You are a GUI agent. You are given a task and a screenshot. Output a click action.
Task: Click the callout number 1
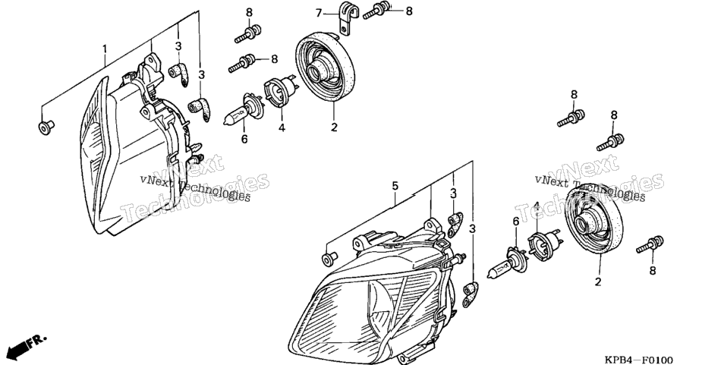tap(105, 49)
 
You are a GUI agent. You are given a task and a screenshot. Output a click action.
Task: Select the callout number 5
tap(395, 185)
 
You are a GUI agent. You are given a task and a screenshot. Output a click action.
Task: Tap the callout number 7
tap(319, 13)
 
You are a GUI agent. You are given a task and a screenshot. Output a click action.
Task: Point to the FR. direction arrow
tap(28, 347)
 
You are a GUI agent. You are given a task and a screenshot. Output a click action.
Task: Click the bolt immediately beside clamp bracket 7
tap(376, 11)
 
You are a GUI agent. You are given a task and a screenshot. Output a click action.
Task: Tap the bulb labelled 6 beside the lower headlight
tap(505, 263)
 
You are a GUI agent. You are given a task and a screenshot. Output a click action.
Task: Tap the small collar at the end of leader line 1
tap(45, 127)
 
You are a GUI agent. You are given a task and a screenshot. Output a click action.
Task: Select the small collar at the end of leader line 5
tap(329, 258)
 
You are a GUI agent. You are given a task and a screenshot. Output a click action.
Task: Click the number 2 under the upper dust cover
tap(334, 127)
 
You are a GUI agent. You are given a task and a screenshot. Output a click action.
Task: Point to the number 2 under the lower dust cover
tap(598, 281)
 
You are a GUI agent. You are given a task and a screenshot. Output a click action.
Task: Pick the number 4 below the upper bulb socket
tap(282, 127)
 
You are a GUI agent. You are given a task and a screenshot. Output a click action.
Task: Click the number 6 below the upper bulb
tap(244, 138)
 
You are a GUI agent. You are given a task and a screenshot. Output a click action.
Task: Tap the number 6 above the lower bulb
tap(516, 222)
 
